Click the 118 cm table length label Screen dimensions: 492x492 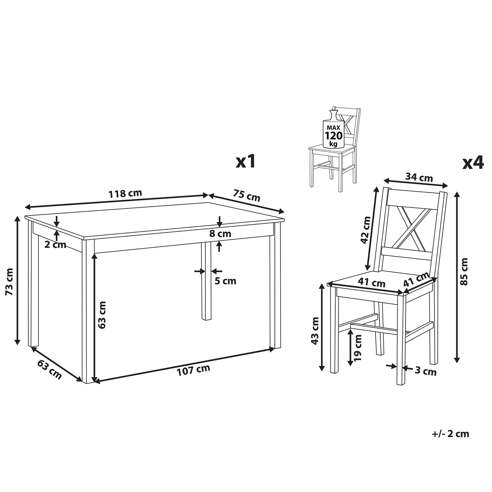(x=125, y=193)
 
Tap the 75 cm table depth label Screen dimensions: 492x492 (x=247, y=195)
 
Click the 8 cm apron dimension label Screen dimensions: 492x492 (x=220, y=233)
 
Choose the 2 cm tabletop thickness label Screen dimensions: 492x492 (x=55, y=245)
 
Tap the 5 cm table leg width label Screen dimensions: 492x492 (x=225, y=281)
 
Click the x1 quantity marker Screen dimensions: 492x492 (x=245, y=161)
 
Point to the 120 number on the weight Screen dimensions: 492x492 (x=333, y=136)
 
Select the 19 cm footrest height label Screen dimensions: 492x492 (x=358, y=348)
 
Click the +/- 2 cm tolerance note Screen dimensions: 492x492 (x=451, y=434)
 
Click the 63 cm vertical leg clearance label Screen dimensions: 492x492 (x=101, y=315)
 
